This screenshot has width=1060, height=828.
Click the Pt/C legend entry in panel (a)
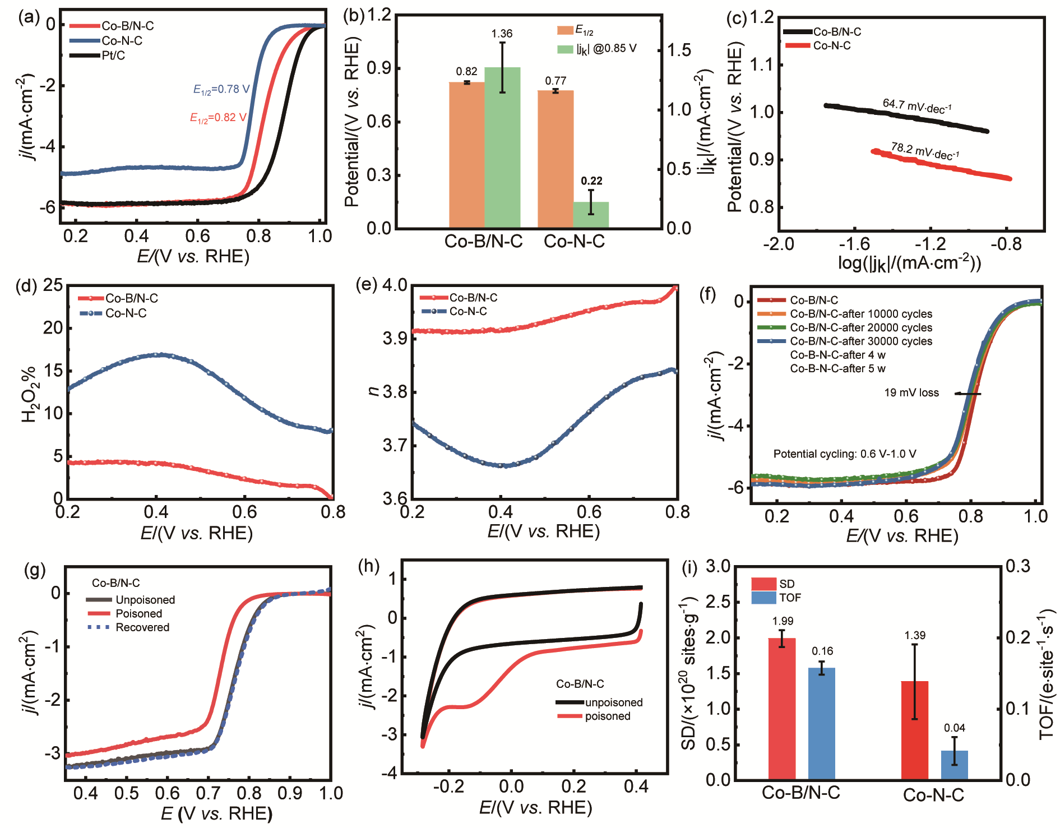(x=113, y=55)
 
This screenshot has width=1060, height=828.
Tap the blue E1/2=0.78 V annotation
(x=221, y=89)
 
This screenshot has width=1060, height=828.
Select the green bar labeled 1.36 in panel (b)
(x=502, y=147)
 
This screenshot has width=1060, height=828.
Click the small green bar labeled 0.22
(x=591, y=215)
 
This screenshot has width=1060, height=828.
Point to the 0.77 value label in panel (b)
(x=556, y=81)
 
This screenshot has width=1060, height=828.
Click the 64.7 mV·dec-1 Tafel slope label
(x=917, y=105)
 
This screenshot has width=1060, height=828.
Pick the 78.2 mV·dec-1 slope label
(x=925, y=151)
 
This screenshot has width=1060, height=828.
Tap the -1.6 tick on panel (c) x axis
(x=854, y=244)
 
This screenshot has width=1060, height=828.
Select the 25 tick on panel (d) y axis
(x=53, y=285)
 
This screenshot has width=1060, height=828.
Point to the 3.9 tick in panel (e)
(x=395, y=339)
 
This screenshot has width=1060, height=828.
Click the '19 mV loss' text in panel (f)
(x=911, y=393)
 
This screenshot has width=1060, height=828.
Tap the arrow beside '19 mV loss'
(x=968, y=394)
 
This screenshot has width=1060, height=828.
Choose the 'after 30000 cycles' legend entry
(x=861, y=341)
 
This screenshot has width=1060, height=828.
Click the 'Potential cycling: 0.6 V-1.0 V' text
(x=845, y=454)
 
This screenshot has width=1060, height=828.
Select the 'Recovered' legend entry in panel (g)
(x=142, y=627)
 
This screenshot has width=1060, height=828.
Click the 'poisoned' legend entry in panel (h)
(x=607, y=716)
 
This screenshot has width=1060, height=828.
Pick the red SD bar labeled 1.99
(x=782, y=709)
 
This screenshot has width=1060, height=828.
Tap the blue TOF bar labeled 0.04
(x=954, y=765)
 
